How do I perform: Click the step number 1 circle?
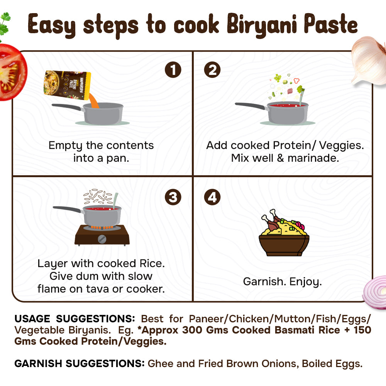(173, 69)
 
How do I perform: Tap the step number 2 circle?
(212, 69)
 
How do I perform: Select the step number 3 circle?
(173, 197)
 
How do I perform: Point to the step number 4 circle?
(212, 197)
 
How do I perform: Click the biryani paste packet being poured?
(67, 85)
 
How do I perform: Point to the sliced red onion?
(375, 292)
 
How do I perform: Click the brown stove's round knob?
(102, 239)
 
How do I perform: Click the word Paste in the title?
(331, 24)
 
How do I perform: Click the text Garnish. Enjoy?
(283, 282)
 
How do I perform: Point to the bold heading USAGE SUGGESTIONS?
(74, 318)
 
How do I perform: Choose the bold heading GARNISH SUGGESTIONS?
(79, 363)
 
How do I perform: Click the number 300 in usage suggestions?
(192, 330)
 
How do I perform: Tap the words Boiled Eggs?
(332, 364)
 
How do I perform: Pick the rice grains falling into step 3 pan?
(98, 196)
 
